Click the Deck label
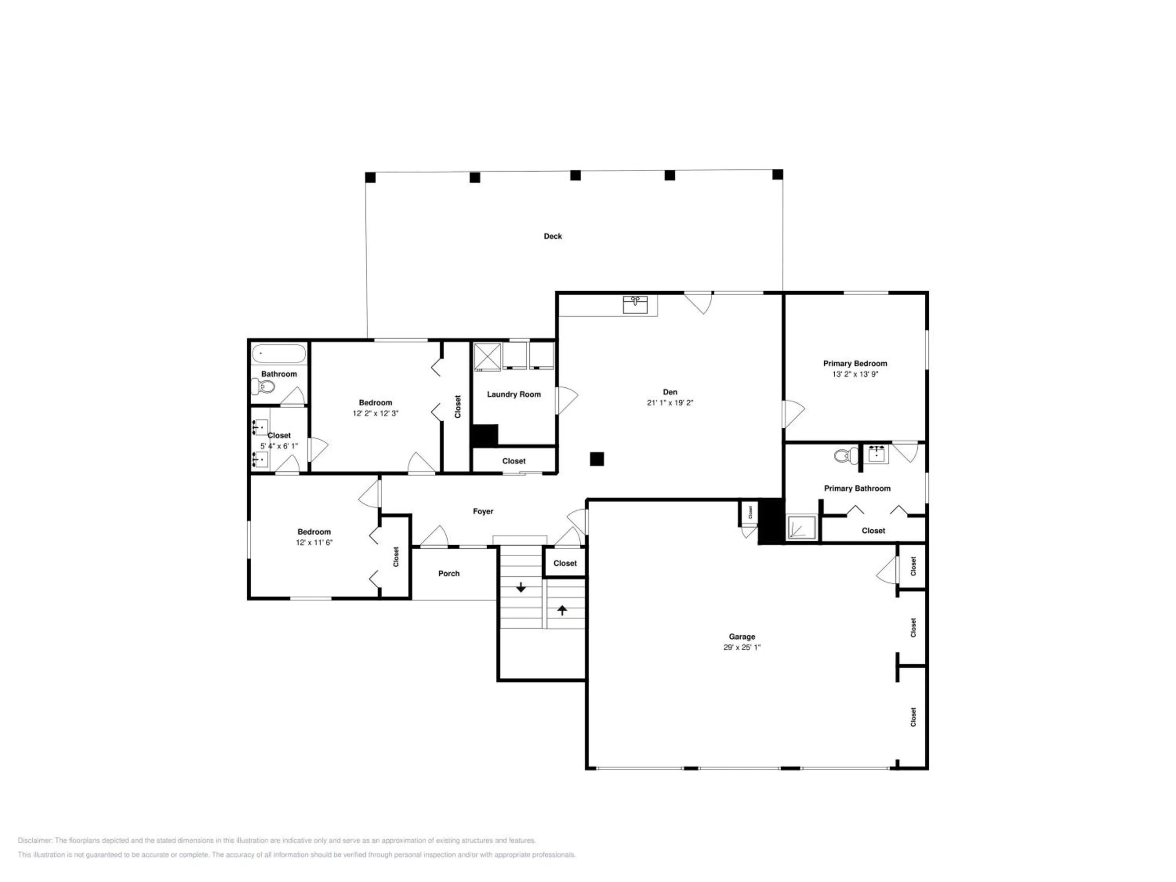552,236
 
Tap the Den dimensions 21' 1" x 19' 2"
670,403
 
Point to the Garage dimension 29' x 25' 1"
742,647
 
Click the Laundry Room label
514,394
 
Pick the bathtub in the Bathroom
279,354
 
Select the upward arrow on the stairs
563,610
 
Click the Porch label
449,573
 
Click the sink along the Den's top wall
635,305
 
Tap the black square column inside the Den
597,459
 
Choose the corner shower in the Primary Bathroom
801,527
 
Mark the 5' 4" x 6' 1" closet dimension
279,446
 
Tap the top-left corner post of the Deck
370,177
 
